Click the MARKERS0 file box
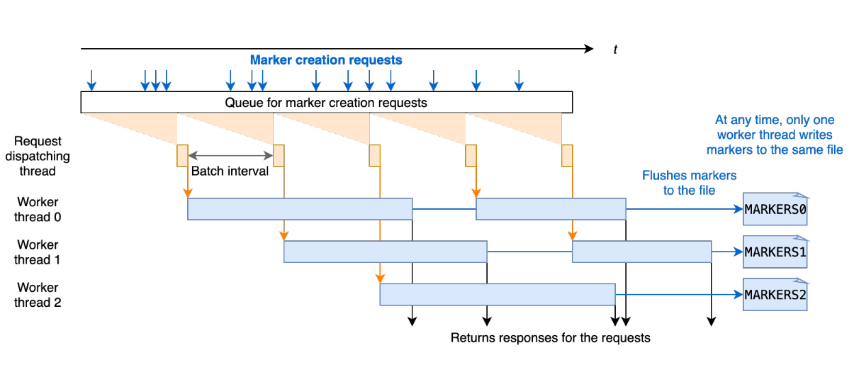click(775, 209)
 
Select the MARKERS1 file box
click(775, 252)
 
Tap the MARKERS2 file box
click(775, 294)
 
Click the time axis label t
click(615, 49)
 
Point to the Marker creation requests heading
click(326, 60)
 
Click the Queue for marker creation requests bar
click(326, 102)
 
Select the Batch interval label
click(230, 171)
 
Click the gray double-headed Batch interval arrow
click(230, 155)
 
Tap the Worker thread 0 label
click(38, 210)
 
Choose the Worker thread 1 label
click(38, 252)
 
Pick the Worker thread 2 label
click(38, 295)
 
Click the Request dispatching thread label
click(38, 156)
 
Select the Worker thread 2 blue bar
click(497, 294)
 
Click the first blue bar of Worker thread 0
click(300, 209)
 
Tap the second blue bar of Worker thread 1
click(641, 252)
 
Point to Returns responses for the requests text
click(550, 337)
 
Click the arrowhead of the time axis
click(588, 49)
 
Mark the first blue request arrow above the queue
click(91, 80)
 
